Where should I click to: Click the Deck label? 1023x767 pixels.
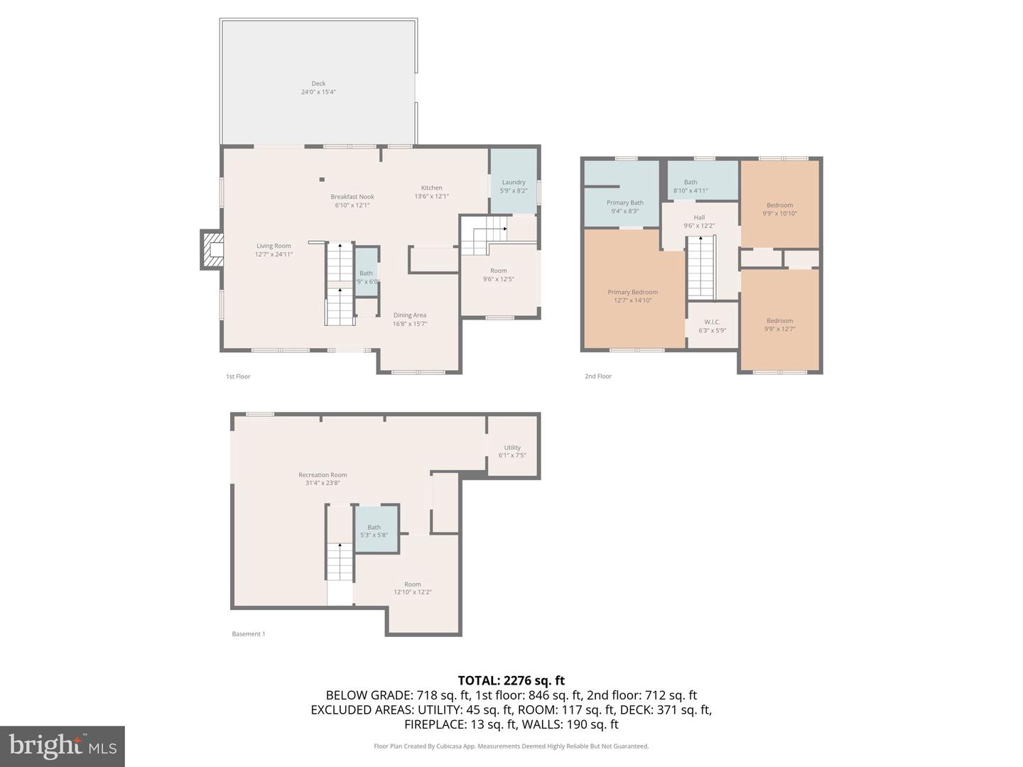(x=318, y=87)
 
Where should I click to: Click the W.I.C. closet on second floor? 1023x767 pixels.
(x=712, y=325)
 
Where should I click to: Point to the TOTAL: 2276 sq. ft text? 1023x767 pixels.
(x=511, y=680)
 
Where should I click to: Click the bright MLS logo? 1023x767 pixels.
(x=63, y=746)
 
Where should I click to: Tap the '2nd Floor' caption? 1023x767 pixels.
(x=598, y=376)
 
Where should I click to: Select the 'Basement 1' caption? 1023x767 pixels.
(x=249, y=634)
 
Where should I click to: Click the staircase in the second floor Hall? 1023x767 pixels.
(x=700, y=268)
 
